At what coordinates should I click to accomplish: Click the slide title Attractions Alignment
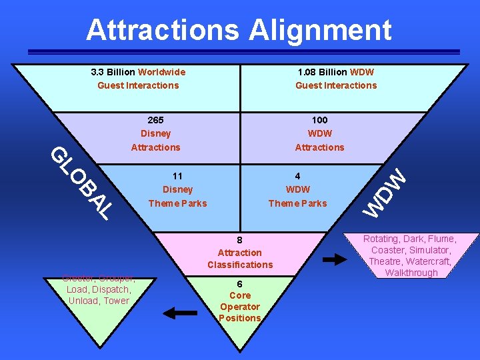click(239, 30)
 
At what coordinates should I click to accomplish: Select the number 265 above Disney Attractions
click(155, 120)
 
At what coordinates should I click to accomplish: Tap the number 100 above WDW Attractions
click(319, 120)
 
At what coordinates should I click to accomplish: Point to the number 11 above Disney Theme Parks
click(177, 177)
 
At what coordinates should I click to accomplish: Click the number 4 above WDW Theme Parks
click(297, 177)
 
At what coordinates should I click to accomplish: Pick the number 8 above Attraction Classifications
click(239, 240)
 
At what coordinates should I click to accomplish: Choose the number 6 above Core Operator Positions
click(239, 283)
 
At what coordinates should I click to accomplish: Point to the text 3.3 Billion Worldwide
click(138, 72)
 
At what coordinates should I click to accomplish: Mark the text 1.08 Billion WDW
click(336, 72)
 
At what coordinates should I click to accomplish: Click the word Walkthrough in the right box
click(411, 273)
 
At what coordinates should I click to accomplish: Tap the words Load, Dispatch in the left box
click(99, 289)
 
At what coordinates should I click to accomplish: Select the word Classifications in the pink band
click(239, 265)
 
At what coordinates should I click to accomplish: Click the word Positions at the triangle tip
click(239, 318)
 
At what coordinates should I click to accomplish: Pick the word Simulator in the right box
click(427, 250)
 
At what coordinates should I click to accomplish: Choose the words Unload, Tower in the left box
click(99, 301)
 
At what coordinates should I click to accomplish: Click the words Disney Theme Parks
click(177, 197)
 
